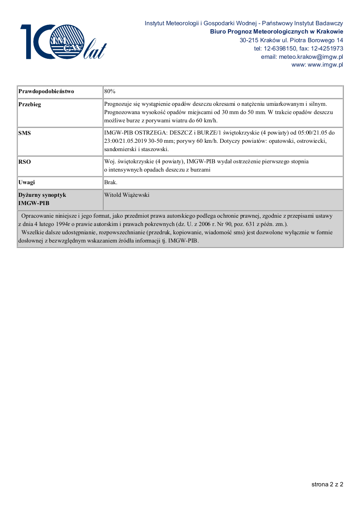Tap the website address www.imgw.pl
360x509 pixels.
pyautogui.click(x=325, y=65)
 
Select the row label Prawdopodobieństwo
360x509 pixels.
pyautogui.click(x=46, y=91)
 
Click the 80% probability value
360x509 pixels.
pyautogui.click(x=110, y=91)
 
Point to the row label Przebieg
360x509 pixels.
pyautogui.click(x=30, y=104)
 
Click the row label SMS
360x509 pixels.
pyautogui.click(x=24, y=133)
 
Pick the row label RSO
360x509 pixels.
pyautogui.click(x=24, y=162)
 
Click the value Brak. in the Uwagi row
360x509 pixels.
pyautogui.click(x=111, y=182)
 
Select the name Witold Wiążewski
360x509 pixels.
pyautogui.click(x=127, y=195)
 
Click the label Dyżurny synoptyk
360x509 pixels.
pyautogui.click(x=42, y=195)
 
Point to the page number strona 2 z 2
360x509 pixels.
pyautogui.click(x=327, y=484)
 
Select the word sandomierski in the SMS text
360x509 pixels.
pyautogui.click(x=120, y=149)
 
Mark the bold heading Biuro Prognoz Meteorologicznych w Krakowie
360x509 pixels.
pyautogui.click(x=276, y=32)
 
